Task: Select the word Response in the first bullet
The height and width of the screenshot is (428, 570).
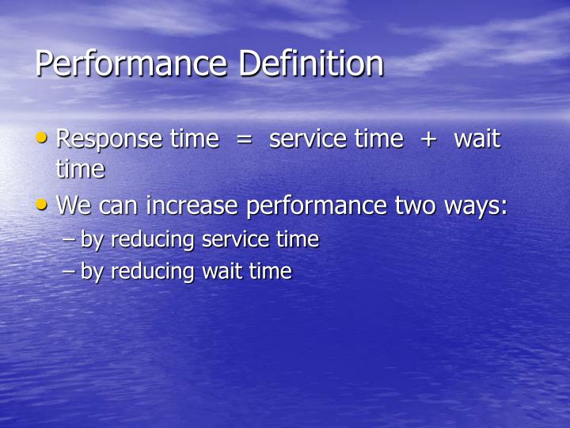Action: coord(110,139)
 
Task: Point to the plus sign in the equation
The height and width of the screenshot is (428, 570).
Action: coord(428,139)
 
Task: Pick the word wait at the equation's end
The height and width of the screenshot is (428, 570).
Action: coord(477,139)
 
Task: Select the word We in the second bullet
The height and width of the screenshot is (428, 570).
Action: coord(74,206)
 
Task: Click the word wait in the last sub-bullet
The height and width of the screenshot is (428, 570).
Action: coord(225,271)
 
